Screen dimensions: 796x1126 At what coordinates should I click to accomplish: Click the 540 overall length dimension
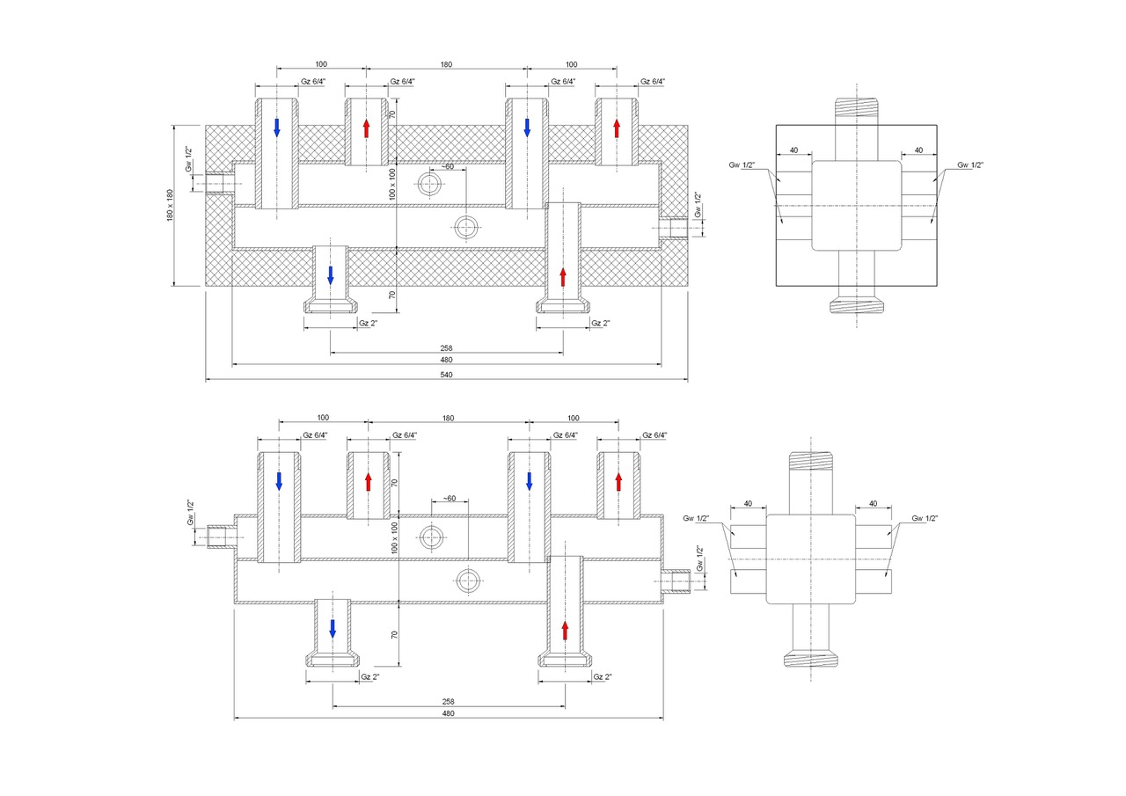(x=446, y=375)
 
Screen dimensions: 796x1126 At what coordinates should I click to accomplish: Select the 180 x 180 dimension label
(x=171, y=205)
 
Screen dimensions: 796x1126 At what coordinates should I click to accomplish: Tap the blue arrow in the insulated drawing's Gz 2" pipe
(x=331, y=274)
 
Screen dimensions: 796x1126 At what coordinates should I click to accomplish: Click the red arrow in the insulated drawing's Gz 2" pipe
(x=563, y=277)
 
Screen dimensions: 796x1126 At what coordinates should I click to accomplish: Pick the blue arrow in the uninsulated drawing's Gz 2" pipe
(x=333, y=628)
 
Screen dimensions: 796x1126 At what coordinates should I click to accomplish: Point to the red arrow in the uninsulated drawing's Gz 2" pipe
(x=565, y=631)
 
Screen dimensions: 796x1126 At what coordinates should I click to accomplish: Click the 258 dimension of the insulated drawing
(x=446, y=347)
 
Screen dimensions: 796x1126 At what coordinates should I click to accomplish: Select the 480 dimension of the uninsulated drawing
(x=448, y=713)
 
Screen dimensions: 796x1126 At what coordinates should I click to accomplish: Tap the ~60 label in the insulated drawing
(x=447, y=166)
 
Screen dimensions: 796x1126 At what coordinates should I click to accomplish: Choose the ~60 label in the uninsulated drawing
(x=449, y=499)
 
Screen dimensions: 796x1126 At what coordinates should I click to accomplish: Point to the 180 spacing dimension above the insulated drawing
(x=446, y=64)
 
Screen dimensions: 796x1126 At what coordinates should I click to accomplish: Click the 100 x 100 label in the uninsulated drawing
(x=395, y=537)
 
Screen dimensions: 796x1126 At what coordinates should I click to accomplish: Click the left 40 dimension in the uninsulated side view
(x=748, y=504)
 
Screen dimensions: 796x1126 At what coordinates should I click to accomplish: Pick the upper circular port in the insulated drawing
(x=430, y=185)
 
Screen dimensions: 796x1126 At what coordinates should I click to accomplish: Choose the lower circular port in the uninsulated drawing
(x=467, y=580)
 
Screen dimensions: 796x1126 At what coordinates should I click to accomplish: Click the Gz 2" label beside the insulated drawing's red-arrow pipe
(x=601, y=323)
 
